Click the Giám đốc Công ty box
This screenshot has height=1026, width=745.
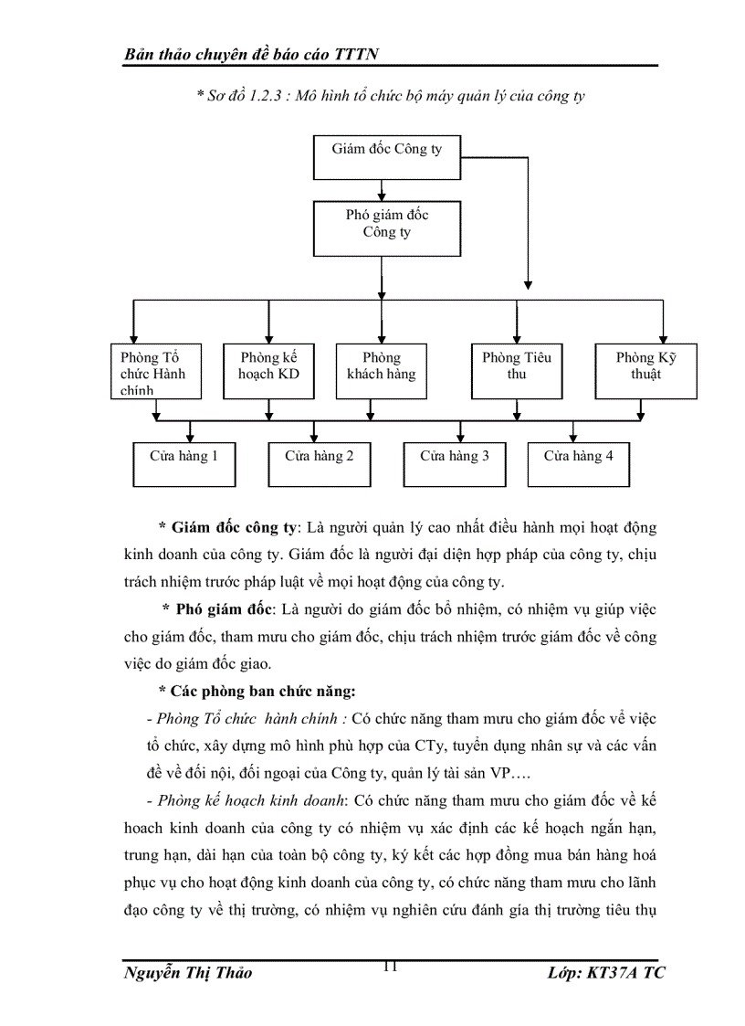(386, 157)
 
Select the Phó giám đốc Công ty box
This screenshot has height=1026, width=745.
(386, 228)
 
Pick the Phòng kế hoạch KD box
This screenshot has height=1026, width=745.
(268, 371)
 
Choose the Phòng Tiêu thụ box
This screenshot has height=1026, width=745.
(517, 371)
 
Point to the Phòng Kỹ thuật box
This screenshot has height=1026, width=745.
(645, 371)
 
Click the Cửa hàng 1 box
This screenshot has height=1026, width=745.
(184, 463)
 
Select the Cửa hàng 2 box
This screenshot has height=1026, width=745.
(319, 463)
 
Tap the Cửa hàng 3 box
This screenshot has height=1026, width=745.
(454, 463)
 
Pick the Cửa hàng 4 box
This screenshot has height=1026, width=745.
(578, 463)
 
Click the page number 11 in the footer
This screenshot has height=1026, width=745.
(390, 968)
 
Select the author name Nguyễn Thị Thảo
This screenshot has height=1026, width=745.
(188, 973)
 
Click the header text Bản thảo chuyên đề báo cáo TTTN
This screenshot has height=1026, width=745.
(251, 56)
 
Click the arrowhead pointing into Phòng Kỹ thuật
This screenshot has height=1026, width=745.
(663, 338)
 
